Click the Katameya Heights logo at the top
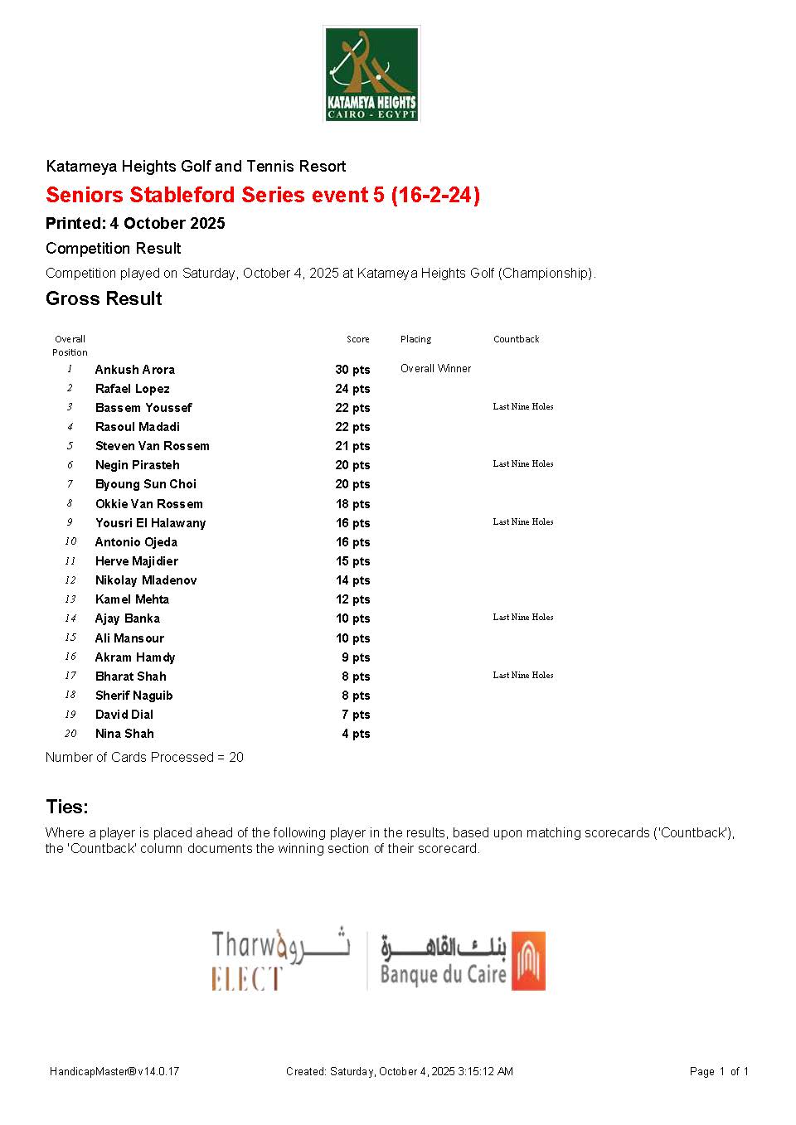371,74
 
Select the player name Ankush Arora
134,370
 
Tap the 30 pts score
352,370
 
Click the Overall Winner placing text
435,369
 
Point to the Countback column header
516,339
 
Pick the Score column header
357,339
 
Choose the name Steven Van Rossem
152,446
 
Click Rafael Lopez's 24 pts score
352,389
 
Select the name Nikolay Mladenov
146,580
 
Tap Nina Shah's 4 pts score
356,734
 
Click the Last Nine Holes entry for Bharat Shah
522,676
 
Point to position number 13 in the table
70,599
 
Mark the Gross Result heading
104,299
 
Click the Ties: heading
67,807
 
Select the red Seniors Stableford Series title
263,195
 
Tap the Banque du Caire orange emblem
528,961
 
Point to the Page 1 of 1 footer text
718,1072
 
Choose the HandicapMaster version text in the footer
114,1072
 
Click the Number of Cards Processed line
144,758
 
